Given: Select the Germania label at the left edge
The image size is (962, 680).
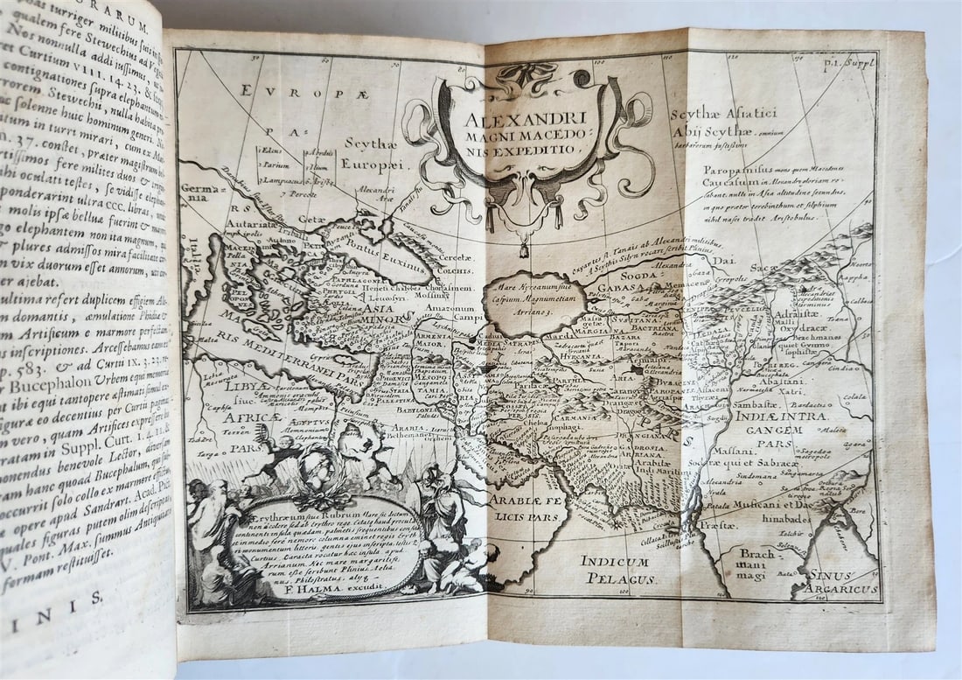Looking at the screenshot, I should [x=196, y=193].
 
